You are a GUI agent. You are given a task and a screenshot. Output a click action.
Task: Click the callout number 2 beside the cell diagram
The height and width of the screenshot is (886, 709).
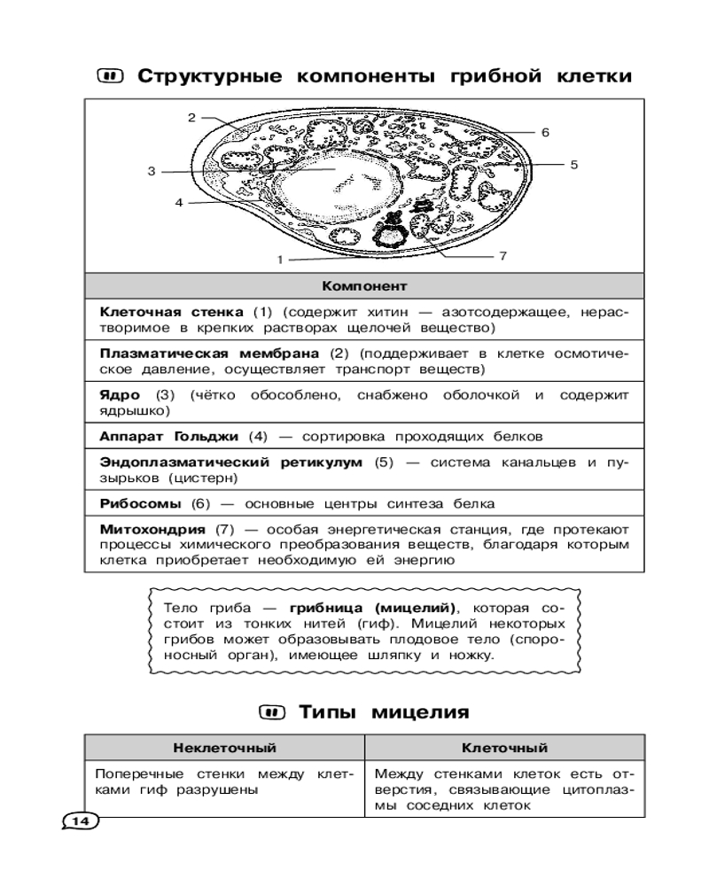[x=191, y=117]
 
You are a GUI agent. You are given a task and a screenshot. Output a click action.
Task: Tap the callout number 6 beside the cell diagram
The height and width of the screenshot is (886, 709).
[x=546, y=132]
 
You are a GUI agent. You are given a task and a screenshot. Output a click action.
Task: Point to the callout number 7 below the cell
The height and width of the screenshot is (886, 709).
[x=502, y=255]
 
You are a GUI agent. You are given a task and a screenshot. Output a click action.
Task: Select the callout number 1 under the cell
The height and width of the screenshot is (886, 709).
[x=279, y=260]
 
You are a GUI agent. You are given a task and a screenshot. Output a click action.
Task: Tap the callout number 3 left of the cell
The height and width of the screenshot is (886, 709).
[x=152, y=171]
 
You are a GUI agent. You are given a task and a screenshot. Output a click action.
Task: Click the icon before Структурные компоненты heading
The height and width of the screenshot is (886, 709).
[x=112, y=76]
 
